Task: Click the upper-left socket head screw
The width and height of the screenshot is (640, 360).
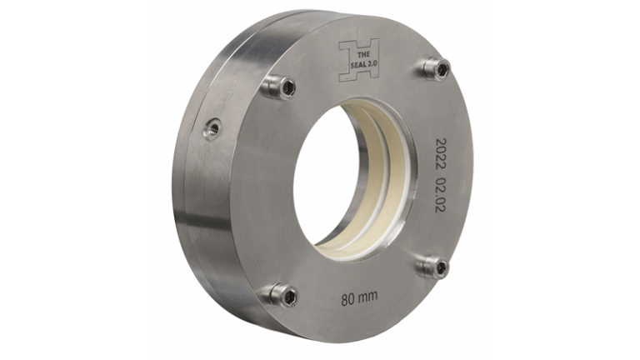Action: (279, 87)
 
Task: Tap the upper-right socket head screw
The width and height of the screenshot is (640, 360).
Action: (437, 67)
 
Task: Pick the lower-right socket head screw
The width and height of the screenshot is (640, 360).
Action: (432, 267)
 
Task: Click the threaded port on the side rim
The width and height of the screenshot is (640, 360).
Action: (212, 129)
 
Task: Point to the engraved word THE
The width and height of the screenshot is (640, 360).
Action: (363, 55)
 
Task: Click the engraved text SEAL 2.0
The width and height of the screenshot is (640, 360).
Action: (364, 64)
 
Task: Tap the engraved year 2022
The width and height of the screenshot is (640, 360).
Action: (441, 154)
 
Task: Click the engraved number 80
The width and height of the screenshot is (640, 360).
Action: (347, 299)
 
